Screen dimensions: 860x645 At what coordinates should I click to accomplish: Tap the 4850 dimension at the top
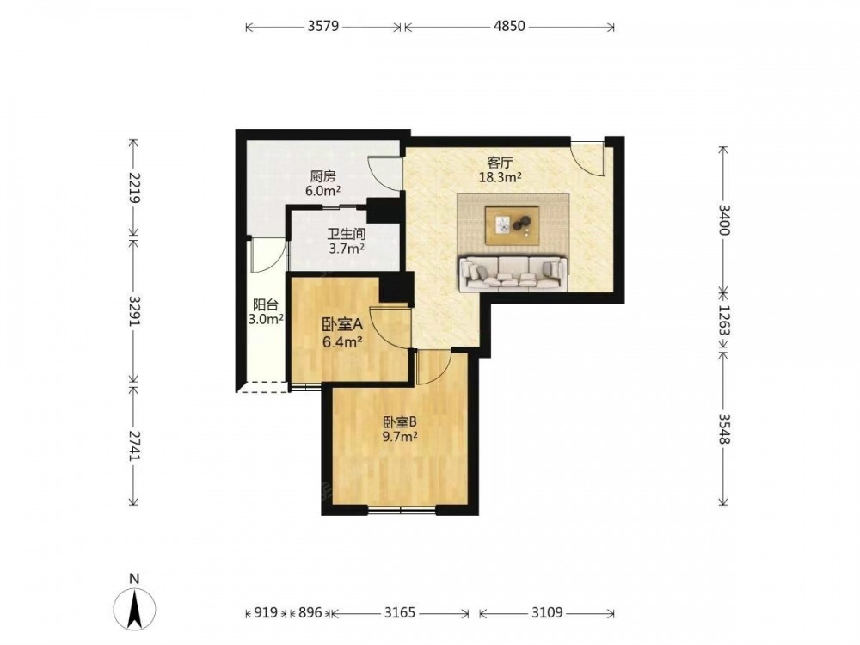[509, 26]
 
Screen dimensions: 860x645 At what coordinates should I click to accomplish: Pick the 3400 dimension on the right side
[724, 220]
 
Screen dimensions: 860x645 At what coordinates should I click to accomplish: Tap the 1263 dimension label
[724, 322]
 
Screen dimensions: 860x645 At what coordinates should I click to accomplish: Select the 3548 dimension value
[724, 428]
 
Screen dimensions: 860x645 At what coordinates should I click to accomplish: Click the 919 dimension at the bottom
[266, 612]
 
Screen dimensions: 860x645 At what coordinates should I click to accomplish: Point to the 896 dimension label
[310, 612]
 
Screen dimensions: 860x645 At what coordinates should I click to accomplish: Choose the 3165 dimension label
[399, 612]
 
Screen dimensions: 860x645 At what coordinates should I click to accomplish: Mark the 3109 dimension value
[547, 612]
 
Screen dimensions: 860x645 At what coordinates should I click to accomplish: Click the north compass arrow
[134, 606]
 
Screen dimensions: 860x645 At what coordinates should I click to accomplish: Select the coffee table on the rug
[513, 224]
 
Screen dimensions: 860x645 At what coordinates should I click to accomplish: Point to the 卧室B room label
[401, 422]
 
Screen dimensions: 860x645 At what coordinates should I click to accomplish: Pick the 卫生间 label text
[347, 234]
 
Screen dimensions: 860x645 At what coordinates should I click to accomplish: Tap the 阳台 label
[266, 305]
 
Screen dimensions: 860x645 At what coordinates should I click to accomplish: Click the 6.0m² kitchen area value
[323, 192]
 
